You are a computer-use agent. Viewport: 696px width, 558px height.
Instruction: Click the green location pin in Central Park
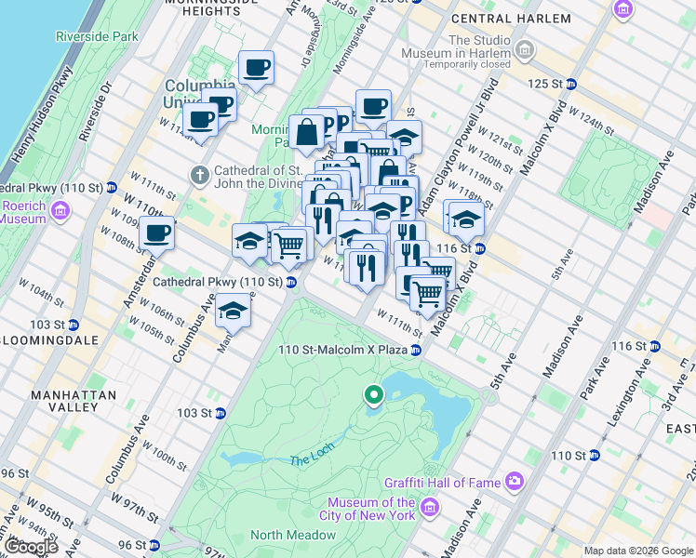click(373, 396)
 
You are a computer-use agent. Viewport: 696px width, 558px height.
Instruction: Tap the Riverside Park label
click(97, 36)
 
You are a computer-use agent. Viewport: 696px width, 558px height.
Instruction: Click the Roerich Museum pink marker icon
click(61, 212)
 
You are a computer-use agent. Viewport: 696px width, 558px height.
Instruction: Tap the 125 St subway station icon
click(570, 84)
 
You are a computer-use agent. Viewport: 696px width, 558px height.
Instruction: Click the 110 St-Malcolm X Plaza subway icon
click(416, 350)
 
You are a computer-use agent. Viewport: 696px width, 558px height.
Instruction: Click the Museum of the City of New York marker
click(429, 507)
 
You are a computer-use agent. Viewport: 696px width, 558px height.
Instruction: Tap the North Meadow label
click(293, 535)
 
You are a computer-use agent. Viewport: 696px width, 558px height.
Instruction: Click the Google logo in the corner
click(30, 547)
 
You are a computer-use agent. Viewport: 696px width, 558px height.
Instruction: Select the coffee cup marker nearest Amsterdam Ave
click(156, 234)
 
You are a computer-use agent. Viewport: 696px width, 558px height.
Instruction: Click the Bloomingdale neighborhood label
click(48, 340)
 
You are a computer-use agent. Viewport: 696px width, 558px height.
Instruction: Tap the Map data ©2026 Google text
click(638, 551)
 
